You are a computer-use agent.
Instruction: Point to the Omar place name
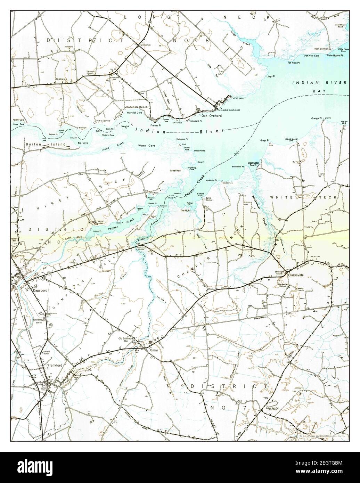click(x=154, y=350)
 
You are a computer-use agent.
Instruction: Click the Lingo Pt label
click(x=271, y=76)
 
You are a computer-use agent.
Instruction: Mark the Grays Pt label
click(x=265, y=141)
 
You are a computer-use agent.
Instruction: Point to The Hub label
click(x=184, y=211)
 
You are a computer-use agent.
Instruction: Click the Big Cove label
click(x=83, y=143)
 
